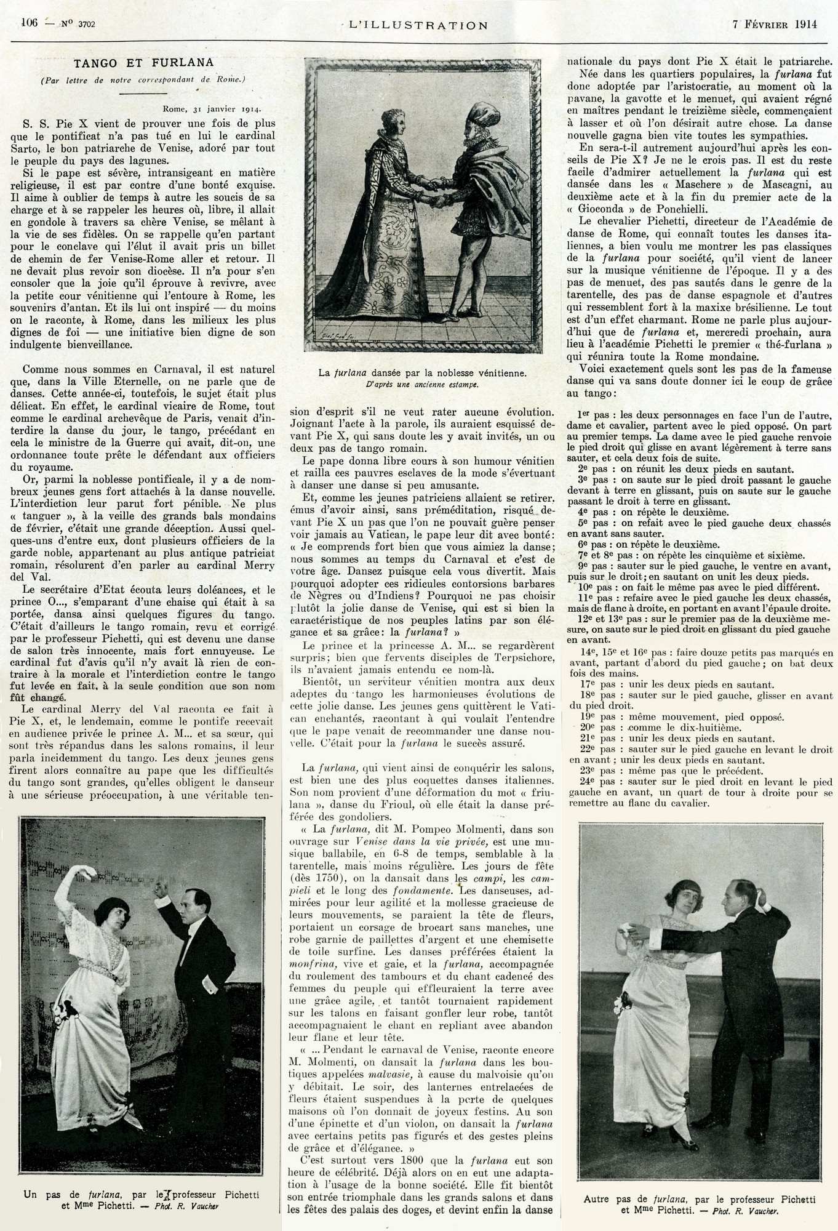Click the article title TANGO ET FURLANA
coord(143,62)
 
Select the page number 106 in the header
coord(30,23)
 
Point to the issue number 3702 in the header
coord(91,25)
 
